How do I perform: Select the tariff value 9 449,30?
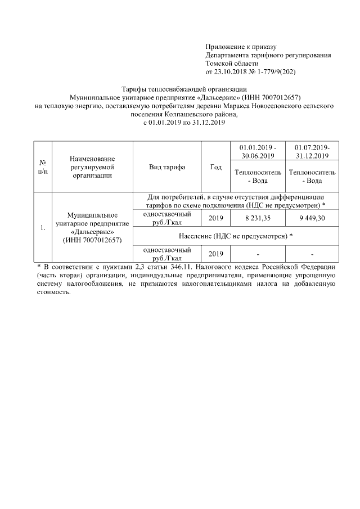click(x=312, y=218)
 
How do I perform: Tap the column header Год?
click(x=215, y=167)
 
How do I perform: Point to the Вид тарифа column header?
click(x=167, y=167)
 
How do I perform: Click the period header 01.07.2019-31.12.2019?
click(x=312, y=151)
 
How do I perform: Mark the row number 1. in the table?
click(x=43, y=228)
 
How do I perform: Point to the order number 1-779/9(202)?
click(x=276, y=72)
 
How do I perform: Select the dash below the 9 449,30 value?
click(x=312, y=253)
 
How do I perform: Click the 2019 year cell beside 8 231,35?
click(x=215, y=218)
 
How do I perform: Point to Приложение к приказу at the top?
click(x=240, y=47)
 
